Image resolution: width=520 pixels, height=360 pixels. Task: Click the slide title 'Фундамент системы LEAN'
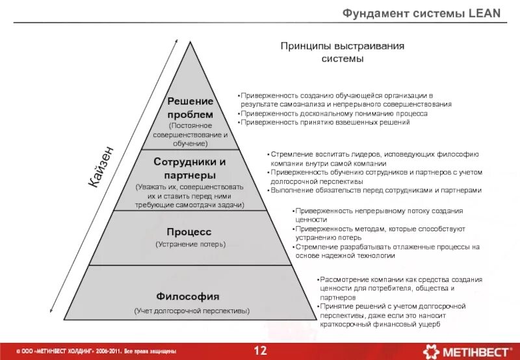(x=422, y=14)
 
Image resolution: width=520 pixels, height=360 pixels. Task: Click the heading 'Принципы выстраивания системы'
(x=343, y=53)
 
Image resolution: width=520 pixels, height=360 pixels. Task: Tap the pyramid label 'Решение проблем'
(x=190, y=108)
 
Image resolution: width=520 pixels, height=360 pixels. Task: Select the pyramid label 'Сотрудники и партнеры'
(x=190, y=168)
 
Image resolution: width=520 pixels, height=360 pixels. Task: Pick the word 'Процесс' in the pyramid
(x=189, y=231)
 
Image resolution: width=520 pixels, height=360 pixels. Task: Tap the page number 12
(x=260, y=352)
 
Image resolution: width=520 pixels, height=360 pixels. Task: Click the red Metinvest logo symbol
(x=431, y=352)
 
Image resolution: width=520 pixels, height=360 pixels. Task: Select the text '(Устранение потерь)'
(x=190, y=244)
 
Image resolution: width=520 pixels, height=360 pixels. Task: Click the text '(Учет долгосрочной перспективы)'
(x=192, y=311)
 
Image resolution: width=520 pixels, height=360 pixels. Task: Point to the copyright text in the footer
(x=91, y=352)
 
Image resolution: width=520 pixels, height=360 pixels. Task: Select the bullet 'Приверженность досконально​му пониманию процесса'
(x=333, y=113)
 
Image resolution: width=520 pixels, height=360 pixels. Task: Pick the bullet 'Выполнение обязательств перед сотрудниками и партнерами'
(x=375, y=190)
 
